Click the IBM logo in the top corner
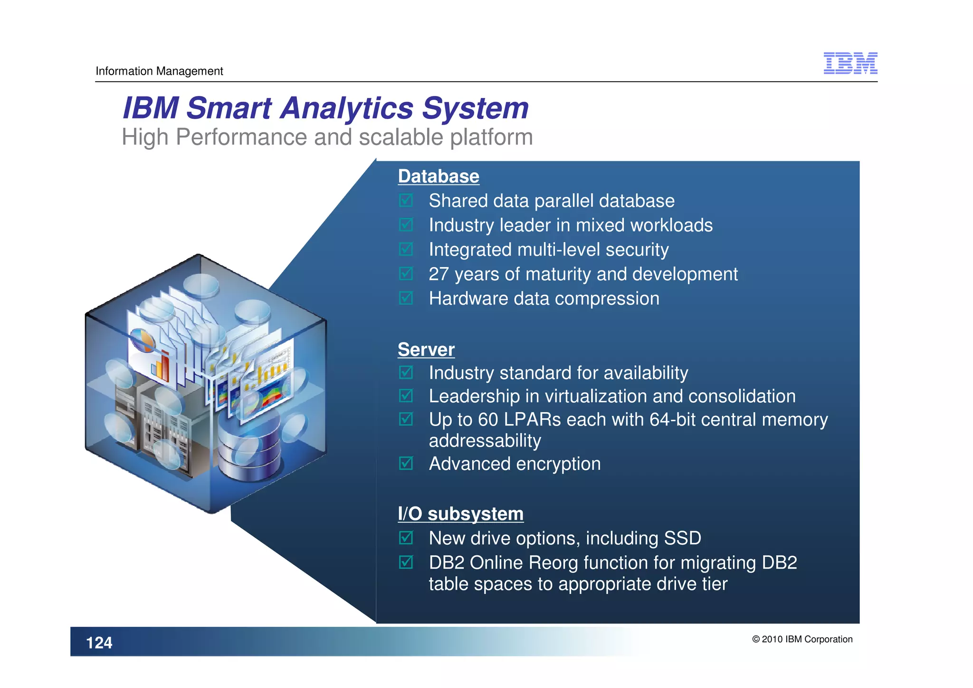click(850, 63)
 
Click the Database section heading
click(438, 176)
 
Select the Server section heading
click(426, 349)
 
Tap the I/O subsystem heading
click(460, 514)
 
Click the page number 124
click(99, 643)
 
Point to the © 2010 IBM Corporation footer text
click(802, 640)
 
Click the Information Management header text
click(159, 71)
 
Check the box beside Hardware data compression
click(406, 299)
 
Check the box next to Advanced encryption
click(406, 464)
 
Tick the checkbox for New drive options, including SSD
click(406, 538)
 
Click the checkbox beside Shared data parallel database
click(406, 201)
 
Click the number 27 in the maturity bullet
click(438, 274)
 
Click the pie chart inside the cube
click(143, 340)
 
